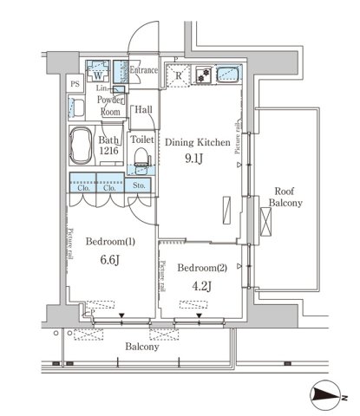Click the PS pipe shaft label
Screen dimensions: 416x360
click(x=76, y=85)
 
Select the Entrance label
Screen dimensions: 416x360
click(x=145, y=70)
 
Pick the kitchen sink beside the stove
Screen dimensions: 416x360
click(x=227, y=75)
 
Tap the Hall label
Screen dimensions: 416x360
click(x=144, y=109)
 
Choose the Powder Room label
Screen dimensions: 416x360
click(x=110, y=106)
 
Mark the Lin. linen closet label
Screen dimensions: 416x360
click(x=102, y=88)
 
